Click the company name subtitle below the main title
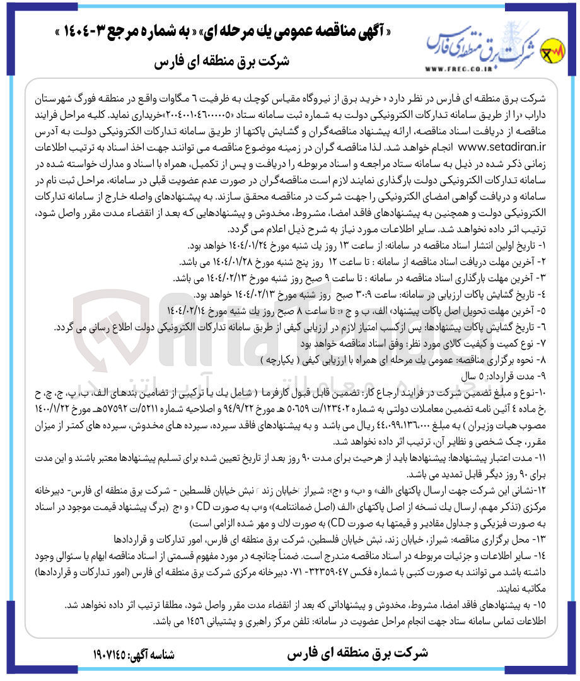pos(221,62)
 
